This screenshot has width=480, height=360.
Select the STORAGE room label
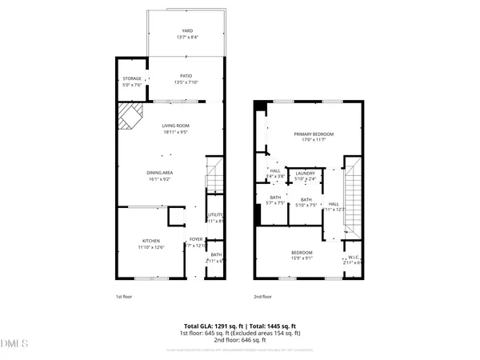pos(132,79)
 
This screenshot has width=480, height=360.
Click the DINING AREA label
pos(160,174)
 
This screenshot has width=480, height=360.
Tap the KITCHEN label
pos(152,241)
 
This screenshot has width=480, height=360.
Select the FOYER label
pos(195,239)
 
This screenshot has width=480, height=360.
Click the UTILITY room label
pos(214,215)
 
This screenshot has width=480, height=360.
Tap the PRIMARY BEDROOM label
pos(314,134)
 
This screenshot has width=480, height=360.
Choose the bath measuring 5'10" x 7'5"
pos(306,200)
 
